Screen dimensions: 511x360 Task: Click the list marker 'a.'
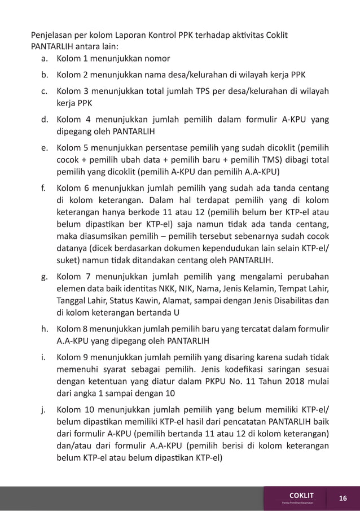pos(43,59)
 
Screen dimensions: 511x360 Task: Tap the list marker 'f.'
pos(43,187)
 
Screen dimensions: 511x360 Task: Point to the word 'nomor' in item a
pos(156,59)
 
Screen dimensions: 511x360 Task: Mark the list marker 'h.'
pos(43,329)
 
